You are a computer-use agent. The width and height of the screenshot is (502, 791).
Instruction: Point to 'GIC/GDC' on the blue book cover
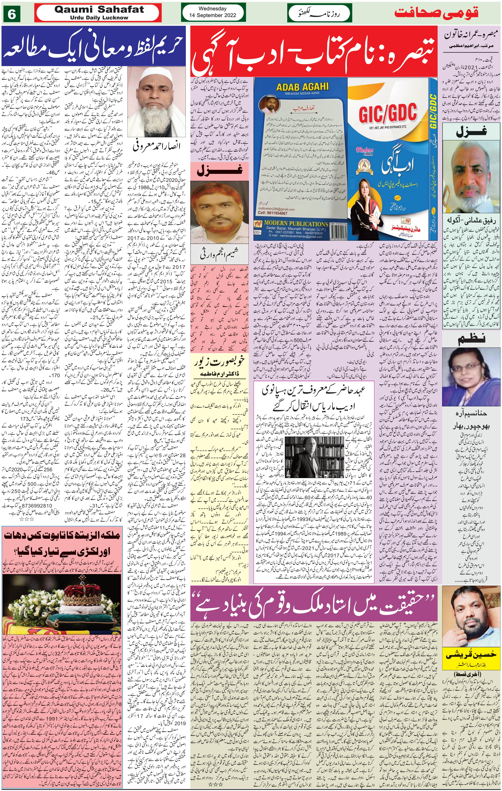point(388,113)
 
